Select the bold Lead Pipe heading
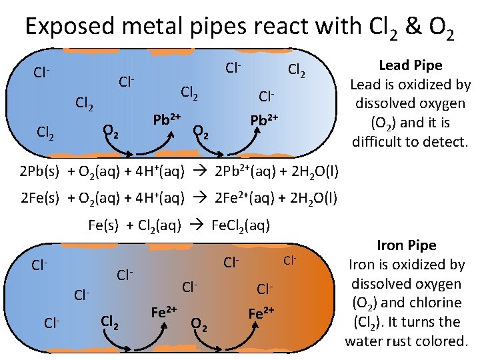coord(410,65)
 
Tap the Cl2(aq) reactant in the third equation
coord(156,225)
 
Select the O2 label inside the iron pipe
coord(199,325)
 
